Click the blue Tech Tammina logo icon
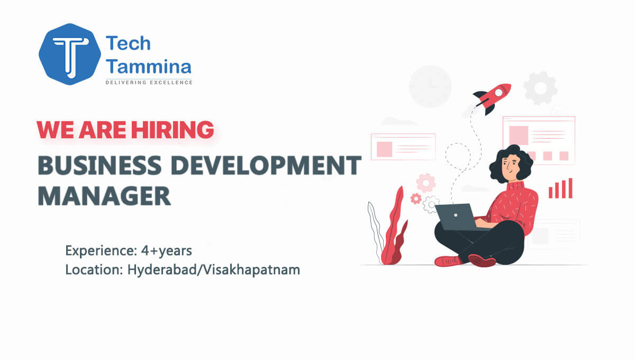68,55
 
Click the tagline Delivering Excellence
149,82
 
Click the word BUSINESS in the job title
99,166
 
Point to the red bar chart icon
560,188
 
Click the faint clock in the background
430,86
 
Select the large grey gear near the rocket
540,88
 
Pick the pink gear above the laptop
425,183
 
